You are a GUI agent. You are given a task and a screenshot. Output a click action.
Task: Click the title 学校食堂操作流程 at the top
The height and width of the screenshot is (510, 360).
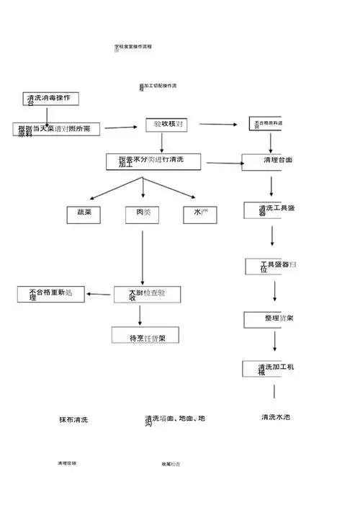[x=133, y=47]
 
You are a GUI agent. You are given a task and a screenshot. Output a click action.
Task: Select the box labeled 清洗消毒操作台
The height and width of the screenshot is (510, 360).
[x=51, y=99]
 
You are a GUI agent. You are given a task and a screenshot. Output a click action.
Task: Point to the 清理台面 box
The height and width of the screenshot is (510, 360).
[x=268, y=161]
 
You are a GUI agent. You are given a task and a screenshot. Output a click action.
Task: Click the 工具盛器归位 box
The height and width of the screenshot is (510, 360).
[x=270, y=267]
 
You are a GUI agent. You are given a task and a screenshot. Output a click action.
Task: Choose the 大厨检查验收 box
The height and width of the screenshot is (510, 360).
[x=147, y=294]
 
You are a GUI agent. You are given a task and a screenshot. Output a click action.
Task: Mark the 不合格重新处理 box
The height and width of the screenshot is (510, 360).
[x=51, y=294]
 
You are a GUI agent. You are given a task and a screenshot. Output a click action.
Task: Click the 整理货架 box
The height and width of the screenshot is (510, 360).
[x=269, y=319]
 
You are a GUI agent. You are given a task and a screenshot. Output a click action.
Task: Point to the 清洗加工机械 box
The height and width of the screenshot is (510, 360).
[x=269, y=370]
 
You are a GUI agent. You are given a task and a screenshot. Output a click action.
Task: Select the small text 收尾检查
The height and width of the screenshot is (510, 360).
[x=171, y=465]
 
